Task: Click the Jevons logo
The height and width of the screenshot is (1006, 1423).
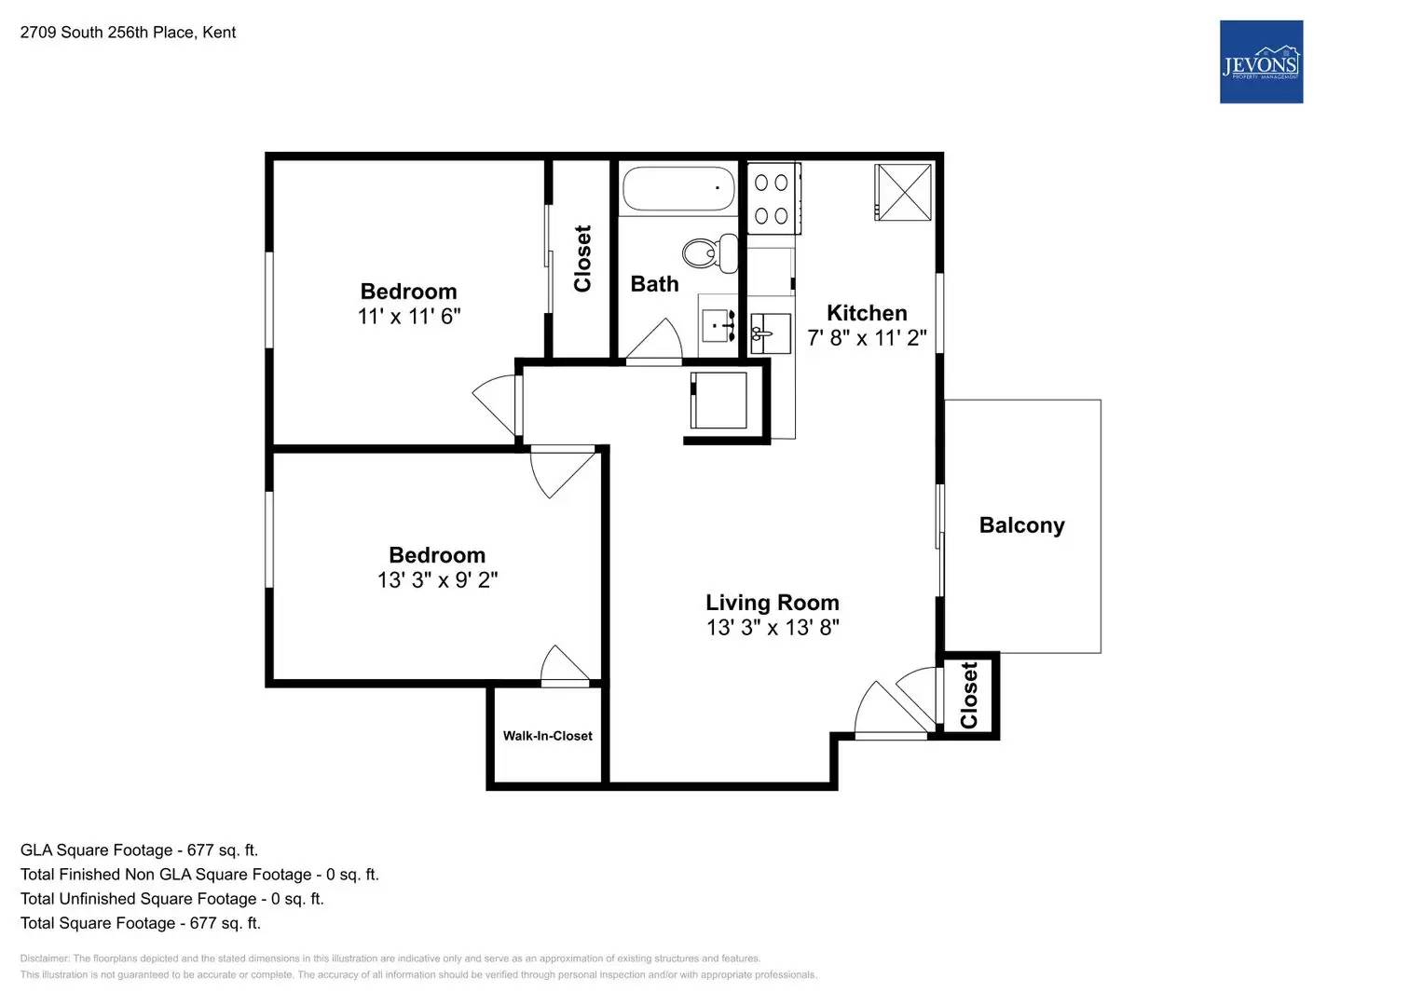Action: pos(1261,61)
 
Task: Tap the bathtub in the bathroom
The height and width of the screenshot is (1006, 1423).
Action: pos(678,189)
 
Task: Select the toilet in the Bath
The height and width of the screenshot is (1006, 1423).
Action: pos(708,252)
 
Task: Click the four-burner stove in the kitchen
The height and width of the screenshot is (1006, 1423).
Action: pos(773,199)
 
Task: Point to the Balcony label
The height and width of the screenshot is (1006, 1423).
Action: pos(1021,525)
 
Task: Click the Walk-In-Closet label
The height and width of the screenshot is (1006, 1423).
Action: pos(547,736)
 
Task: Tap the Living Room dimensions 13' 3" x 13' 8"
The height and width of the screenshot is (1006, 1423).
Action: pos(773,628)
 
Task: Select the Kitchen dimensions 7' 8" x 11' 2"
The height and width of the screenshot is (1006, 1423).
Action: pos(867,338)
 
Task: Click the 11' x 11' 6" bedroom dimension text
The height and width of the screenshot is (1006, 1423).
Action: pos(409,317)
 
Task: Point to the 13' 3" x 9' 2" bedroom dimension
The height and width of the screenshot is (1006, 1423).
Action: pos(437,580)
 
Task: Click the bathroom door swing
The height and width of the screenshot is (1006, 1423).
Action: pos(656,341)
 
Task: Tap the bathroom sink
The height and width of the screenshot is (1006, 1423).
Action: pos(718,326)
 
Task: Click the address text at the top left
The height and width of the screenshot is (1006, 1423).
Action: pos(128,33)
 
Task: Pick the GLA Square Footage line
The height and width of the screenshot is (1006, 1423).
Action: pos(139,850)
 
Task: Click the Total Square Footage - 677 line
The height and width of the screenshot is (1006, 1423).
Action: pos(141,923)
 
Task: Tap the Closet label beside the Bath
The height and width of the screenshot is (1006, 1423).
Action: pos(582,259)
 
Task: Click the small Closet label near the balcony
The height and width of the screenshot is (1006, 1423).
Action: pos(969,696)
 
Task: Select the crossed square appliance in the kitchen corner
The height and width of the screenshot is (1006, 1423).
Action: pos(902,193)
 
